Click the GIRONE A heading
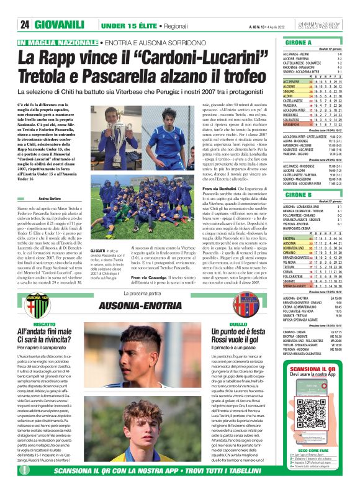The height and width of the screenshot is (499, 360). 297,42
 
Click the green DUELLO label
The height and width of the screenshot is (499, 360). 238,325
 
